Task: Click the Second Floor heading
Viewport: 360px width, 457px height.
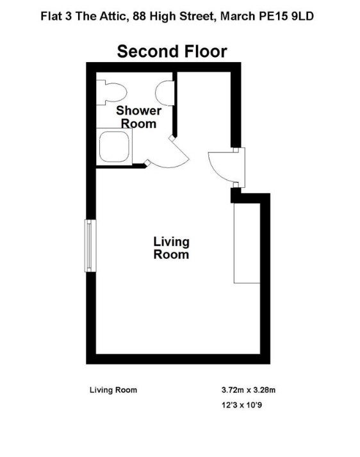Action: pos(172,51)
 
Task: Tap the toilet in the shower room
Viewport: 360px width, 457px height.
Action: pos(111,93)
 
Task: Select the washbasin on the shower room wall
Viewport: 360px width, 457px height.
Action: pos(165,94)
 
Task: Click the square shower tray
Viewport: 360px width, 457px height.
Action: pos(114,147)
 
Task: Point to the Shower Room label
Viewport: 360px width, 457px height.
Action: pos(138,117)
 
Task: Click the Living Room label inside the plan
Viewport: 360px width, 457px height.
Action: pos(171,248)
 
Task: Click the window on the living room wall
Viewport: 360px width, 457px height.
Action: pos(90,245)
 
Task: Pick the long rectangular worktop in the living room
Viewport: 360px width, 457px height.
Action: pos(247,243)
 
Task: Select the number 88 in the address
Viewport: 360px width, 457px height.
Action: pos(139,16)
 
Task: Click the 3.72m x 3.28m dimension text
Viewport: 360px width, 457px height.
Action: pos(249,390)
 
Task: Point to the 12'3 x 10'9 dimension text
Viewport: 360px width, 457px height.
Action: pos(241,405)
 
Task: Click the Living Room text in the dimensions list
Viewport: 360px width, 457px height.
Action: pos(113,390)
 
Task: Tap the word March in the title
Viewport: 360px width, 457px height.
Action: pos(238,16)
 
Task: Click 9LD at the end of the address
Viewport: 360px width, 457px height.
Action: pos(302,16)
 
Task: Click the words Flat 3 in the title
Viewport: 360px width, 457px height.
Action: pos(56,16)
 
